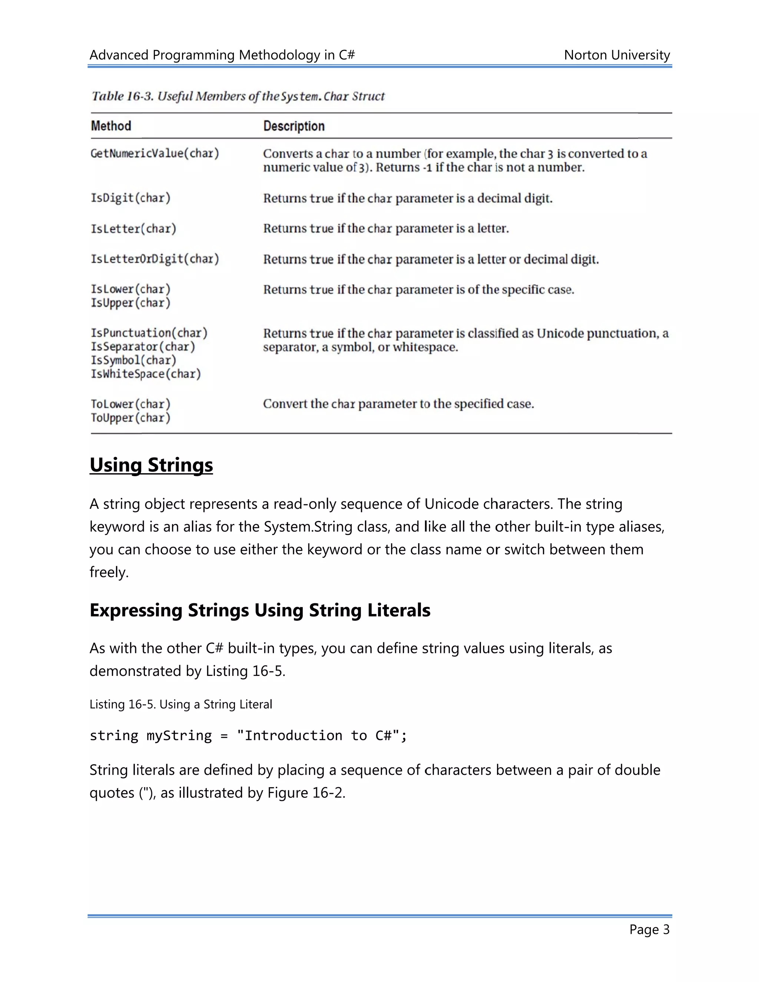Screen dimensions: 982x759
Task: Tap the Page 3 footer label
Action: click(649, 929)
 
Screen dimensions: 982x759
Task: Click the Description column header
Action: click(294, 126)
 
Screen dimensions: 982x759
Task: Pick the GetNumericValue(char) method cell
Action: click(155, 153)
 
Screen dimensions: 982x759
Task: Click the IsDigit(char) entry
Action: click(130, 198)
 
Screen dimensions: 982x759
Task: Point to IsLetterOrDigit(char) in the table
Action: click(155, 259)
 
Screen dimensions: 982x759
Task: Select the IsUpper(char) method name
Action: click(130, 303)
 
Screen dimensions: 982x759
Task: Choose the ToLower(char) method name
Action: click(130, 404)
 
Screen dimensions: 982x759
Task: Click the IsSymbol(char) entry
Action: click(133, 360)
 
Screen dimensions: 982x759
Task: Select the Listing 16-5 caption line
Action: click(181, 704)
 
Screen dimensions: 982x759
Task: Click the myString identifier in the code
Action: click(179, 736)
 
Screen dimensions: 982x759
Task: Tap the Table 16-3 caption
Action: click(238, 96)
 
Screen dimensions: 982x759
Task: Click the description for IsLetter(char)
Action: click(386, 228)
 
